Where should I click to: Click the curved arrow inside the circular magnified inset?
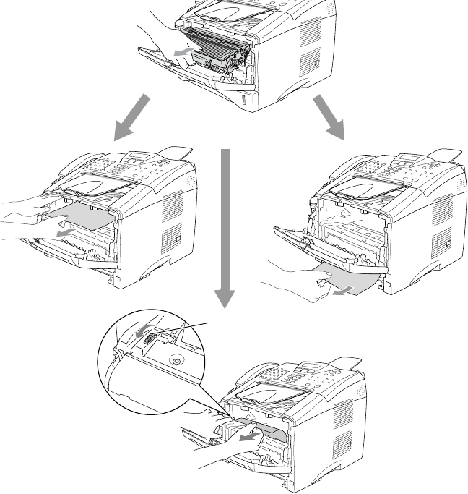(142, 330)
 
